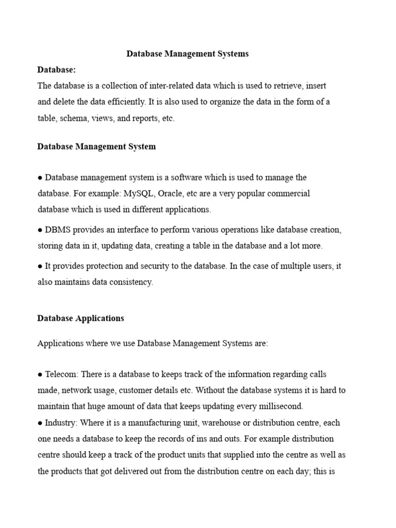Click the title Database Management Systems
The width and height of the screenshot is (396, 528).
click(x=188, y=54)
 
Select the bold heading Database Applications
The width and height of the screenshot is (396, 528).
click(x=80, y=318)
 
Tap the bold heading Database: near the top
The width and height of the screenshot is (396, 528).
click(x=56, y=70)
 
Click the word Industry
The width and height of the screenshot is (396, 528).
click(x=60, y=423)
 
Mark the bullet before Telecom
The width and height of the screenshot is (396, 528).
click(x=40, y=374)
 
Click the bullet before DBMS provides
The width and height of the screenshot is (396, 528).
click(x=40, y=229)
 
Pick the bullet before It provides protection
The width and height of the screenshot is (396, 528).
click(x=40, y=267)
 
